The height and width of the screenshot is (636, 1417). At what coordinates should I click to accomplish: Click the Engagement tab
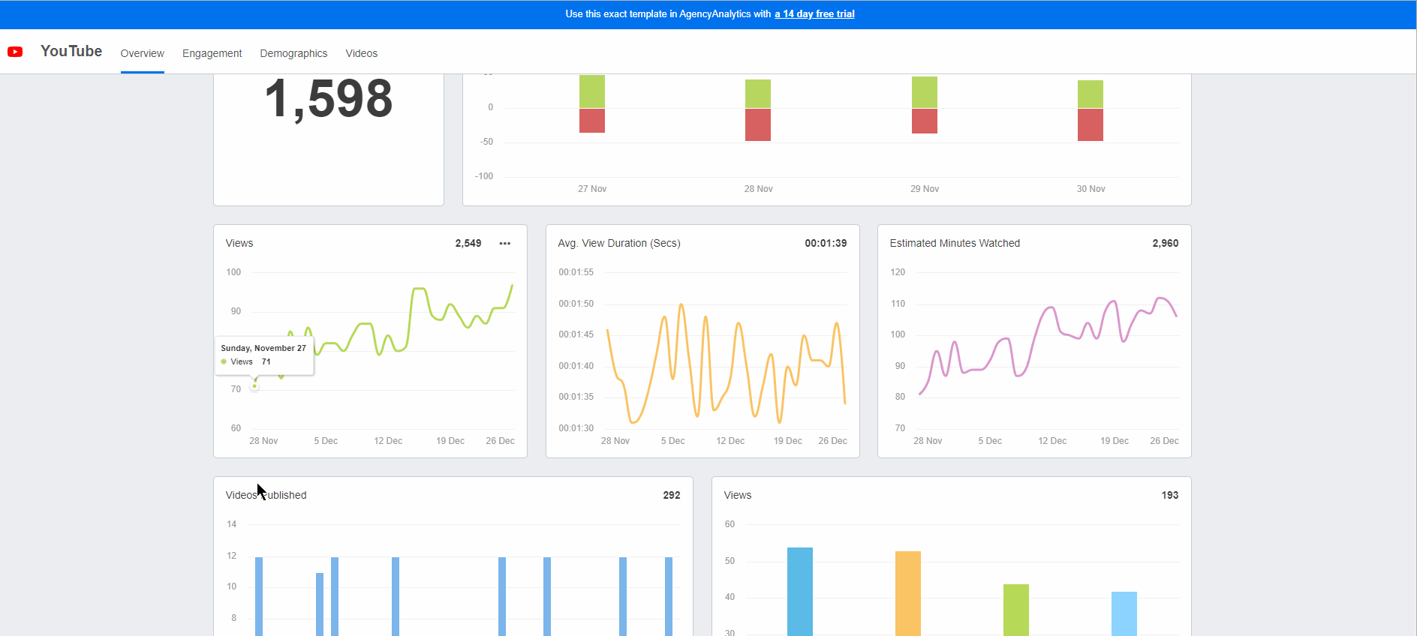212,53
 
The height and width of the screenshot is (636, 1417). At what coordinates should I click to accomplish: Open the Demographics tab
293,53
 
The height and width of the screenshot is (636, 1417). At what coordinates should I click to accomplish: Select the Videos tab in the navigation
361,53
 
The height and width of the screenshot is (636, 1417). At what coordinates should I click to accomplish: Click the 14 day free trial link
814,13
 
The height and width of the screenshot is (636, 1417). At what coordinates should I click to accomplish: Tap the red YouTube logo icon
15,52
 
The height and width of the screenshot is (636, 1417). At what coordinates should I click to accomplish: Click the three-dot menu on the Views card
505,243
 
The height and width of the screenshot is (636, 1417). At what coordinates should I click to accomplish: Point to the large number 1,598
329,99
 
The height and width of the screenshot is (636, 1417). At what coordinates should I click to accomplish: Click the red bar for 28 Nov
758,124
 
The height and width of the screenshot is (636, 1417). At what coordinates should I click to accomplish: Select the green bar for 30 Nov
1090,94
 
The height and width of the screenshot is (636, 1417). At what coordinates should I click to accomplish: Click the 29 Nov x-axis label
925,189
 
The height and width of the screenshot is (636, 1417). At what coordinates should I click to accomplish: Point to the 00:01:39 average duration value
826,243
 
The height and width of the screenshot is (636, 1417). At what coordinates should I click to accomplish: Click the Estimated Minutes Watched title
955,243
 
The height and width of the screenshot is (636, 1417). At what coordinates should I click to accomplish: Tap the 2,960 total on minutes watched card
1165,243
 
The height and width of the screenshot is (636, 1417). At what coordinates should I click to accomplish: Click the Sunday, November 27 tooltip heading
263,348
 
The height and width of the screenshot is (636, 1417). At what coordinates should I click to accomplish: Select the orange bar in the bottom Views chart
907,592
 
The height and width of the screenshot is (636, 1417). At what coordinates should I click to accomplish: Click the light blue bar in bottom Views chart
1124,613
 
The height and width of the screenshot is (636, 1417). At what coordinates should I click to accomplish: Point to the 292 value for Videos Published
671,495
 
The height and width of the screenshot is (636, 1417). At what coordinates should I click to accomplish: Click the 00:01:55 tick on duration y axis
576,272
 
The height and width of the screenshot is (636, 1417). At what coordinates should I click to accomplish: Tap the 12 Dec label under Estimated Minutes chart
1052,441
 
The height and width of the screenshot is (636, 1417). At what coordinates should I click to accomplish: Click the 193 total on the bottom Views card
1169,495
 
